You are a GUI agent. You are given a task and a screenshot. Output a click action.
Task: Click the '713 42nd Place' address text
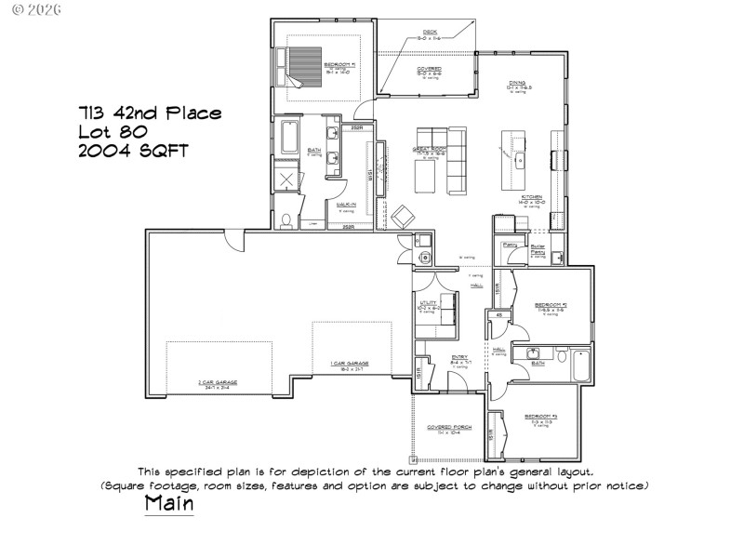click(x=150, y=113)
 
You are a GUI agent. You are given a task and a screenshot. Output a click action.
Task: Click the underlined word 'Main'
click(x=169, y=503)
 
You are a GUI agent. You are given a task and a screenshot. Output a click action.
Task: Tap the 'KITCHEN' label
click(x=533, y=198)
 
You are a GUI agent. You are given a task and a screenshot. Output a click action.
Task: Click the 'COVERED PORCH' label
click(x=449, y=427)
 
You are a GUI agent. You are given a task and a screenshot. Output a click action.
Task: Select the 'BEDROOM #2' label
click(x=551, y=305)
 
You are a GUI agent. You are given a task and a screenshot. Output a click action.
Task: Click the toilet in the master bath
click(x=288, y=220)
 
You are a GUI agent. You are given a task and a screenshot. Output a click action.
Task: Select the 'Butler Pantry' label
click(x=538, y=248)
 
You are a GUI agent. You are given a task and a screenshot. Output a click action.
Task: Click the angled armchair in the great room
click(x=403, y=215)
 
